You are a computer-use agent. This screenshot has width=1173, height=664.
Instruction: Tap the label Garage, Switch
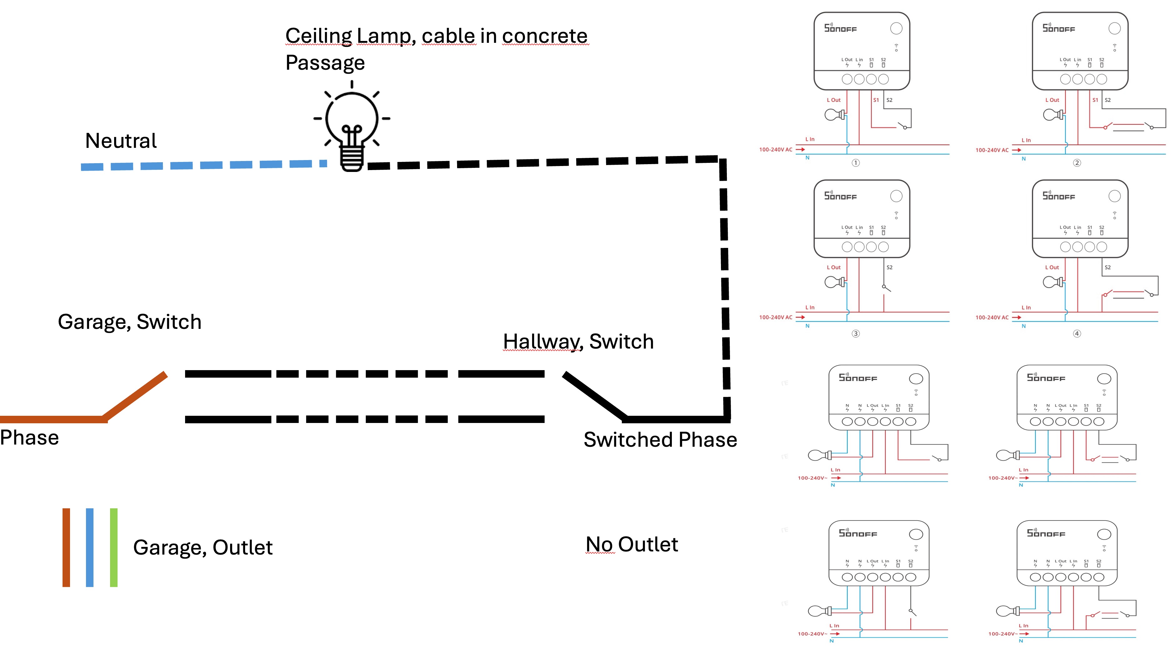pyautogui.click(x=129, y=322)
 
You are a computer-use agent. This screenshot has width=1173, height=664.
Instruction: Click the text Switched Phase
pyautogui.click(x=660, y=440)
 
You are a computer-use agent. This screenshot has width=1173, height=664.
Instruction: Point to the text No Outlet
pyautogui.click(x=631, y=545)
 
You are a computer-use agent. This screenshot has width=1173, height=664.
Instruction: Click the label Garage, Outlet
pyautogui.click(x=203, y=547)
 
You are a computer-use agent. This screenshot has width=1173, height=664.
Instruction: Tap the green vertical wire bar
pyautogui.click(x=113, y=547)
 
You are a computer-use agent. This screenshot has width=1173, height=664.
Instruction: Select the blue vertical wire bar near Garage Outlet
pyautogui.click(x=89, y=547)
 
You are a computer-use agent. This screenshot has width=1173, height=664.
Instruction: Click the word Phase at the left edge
pyautogui.click(x=29, y=438)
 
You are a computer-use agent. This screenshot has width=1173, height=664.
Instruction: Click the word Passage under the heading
pyautogui.click(x=325, y=63)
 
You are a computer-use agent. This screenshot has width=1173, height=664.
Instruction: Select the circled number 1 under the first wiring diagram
pyautogui.click(x=856, y=163)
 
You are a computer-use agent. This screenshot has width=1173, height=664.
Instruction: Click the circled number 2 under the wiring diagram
pyautogui.click(x=1077, y=163)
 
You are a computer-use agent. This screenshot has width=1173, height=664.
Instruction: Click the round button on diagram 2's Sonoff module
pyautogui.click(x=1114, y=28)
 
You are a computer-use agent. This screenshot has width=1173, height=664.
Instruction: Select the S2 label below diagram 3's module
pyautogui.click(x=889, y=268)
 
